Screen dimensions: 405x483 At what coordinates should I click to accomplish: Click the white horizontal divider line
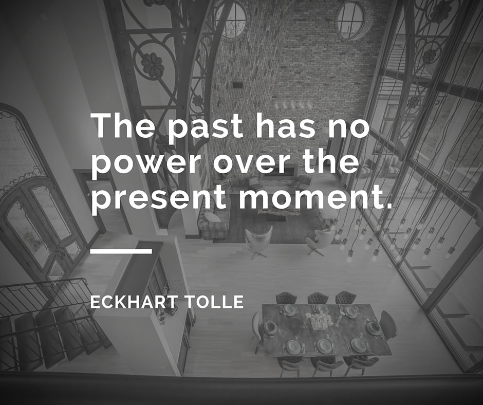(x=121, y=251)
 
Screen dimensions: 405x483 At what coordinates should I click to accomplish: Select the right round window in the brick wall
(x=350, y=20)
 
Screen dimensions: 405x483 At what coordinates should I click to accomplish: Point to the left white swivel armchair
(x=258, y=241)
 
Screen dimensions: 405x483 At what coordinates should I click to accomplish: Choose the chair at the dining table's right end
(x=388, y=325)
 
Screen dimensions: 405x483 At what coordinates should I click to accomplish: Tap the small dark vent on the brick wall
(x=237, y=85)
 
